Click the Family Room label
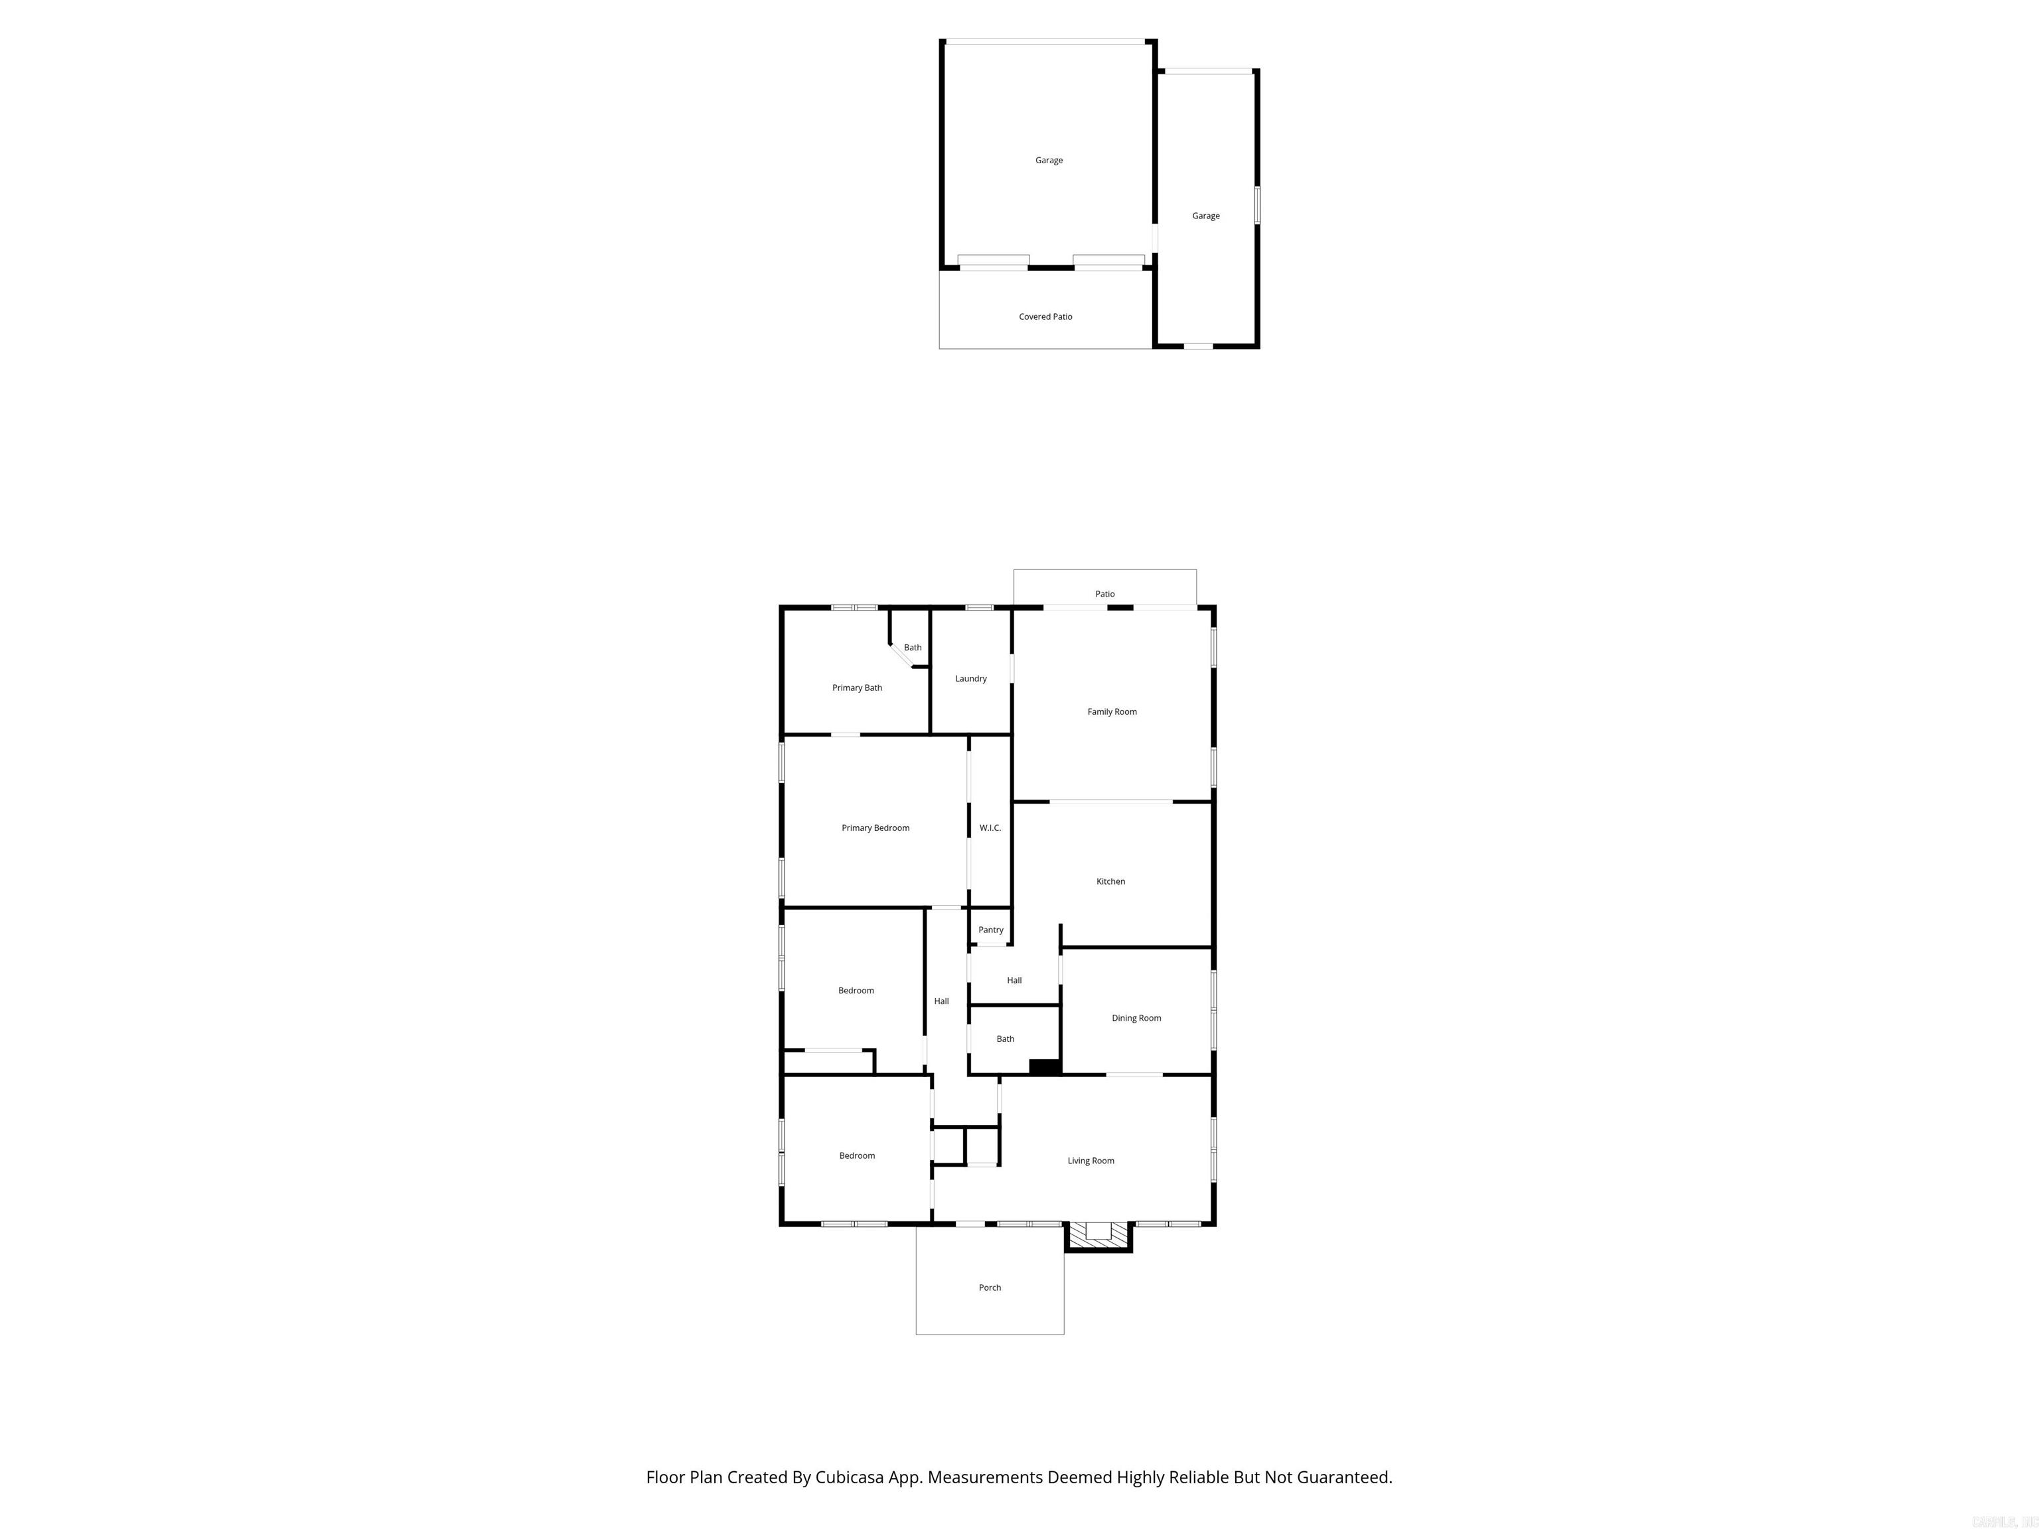pos(1112,711)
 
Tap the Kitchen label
pos(1110,881)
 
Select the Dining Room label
pos(1136,1017)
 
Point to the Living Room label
pos(1091,1160)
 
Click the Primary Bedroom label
pos(875,828)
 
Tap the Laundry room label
pos(970,678)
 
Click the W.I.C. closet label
pos(990,828)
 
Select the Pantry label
pos(991,930)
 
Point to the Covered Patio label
pos(1045,316)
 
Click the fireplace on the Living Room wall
pos(1098,1235)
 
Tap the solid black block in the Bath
pos(1044,1066)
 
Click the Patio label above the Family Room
pos(1104,593)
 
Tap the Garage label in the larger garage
pos(1048,161)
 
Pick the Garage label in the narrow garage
pos(1206,216)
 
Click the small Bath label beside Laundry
pos(913,647)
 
